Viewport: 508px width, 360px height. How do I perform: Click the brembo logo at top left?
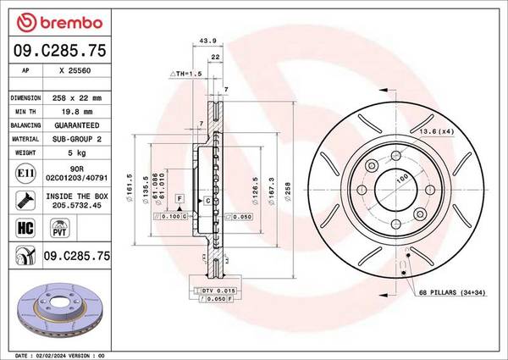tap(59, 23)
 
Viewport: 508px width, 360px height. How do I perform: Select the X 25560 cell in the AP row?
tap(75, 70)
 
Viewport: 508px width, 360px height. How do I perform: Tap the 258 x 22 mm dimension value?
tap(77, 98)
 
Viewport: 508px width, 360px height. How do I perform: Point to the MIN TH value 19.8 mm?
tap(77, 112)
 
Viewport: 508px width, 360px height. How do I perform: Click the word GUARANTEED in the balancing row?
tap(77, 125)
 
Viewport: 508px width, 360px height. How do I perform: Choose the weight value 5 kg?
tap(77, 152)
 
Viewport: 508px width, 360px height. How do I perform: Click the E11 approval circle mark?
tap(25, 173)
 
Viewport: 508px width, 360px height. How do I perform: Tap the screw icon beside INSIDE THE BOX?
tap(25, 200)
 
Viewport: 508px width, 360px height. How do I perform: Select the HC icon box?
tap(25, 228)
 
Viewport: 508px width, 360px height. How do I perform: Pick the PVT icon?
tap(59, 228)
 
